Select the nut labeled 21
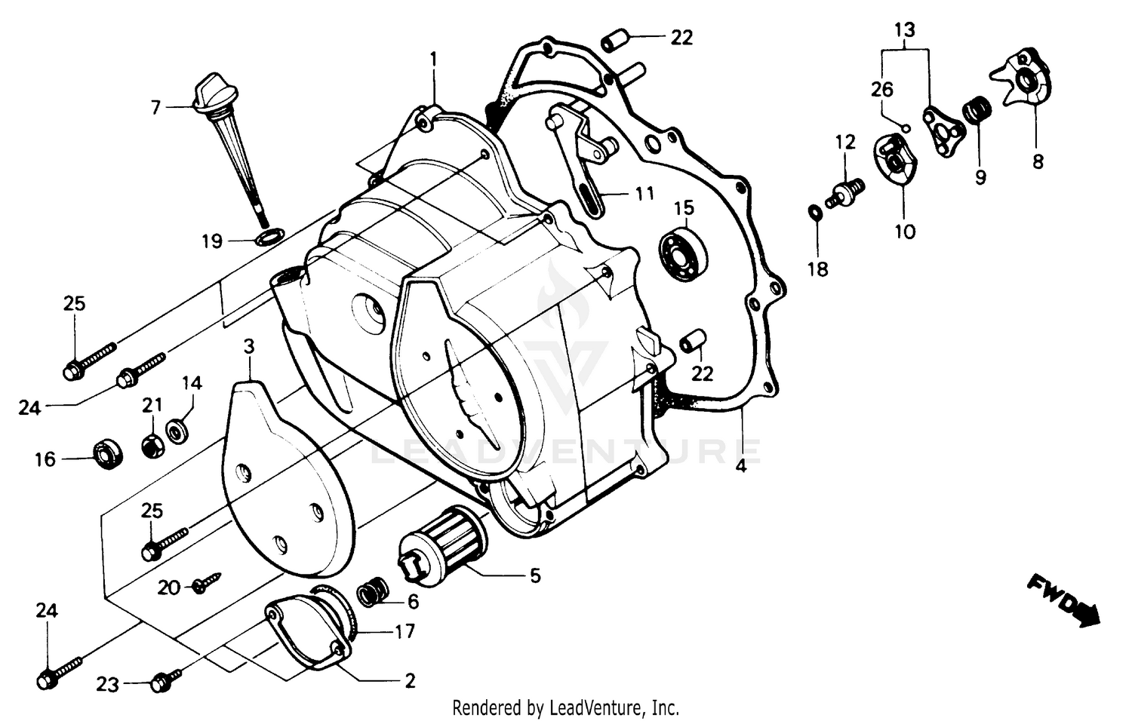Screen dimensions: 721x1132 coord(151,445)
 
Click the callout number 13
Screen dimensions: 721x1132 coord(904,30)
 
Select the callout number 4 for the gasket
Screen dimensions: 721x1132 coord(741,466)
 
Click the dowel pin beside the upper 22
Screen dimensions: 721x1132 coord(616,38)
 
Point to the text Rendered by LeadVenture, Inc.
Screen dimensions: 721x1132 coord(565,708)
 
